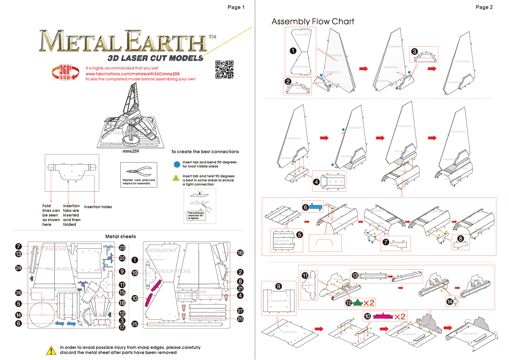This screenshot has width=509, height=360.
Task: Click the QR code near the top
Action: pos(224,69)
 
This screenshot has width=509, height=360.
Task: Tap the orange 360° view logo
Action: pos(65,72)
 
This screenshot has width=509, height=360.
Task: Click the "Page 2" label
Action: pos(484,7)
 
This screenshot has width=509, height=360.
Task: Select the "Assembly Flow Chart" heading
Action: pos(313,22)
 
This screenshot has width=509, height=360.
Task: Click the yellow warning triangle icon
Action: pos(51,350)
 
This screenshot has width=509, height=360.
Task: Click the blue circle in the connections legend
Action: pos(177,165)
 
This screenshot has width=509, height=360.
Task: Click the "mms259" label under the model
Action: pos(131,151)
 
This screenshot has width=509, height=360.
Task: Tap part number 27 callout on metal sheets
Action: pos(240,311)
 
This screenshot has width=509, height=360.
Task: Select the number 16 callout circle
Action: pos(240,253)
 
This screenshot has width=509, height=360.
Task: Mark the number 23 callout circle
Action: pos(122,248)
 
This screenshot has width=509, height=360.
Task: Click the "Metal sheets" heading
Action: pos(120,236)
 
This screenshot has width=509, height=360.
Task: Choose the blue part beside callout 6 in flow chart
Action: pos(316,207)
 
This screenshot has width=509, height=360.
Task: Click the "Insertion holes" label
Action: pos(98,207)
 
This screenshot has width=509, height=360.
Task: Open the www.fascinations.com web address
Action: pos(132,74)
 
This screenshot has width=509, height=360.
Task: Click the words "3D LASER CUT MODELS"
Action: pos(155,58)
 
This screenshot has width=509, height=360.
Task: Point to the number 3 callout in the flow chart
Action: pos(414,52)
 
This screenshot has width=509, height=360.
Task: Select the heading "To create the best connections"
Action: pos(205,152)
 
